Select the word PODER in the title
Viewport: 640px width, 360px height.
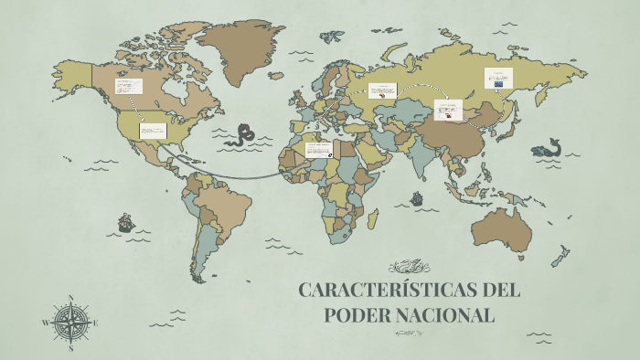click(x=358, y=316)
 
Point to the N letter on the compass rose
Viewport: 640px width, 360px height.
click(x=71, y=298)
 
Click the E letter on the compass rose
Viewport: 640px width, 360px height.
click(x=95, y=323)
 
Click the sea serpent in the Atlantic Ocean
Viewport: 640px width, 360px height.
click(x=243, y=135)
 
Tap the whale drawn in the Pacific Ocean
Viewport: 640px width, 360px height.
click(x=548, y=149)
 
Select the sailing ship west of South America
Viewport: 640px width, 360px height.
click(x=125, y=222)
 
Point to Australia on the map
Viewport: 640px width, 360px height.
click(x=500, y=228)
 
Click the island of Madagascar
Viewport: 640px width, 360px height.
click(x=373, y=217)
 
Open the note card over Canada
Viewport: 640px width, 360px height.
click(x=129, y=88)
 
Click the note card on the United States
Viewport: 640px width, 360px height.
click(x=153, y=131)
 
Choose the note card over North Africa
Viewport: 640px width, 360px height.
click(x=318, y=149)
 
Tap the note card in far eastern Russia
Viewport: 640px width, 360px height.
click(x=499, y=78)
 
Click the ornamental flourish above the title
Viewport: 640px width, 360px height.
click(x=409, y=267)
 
